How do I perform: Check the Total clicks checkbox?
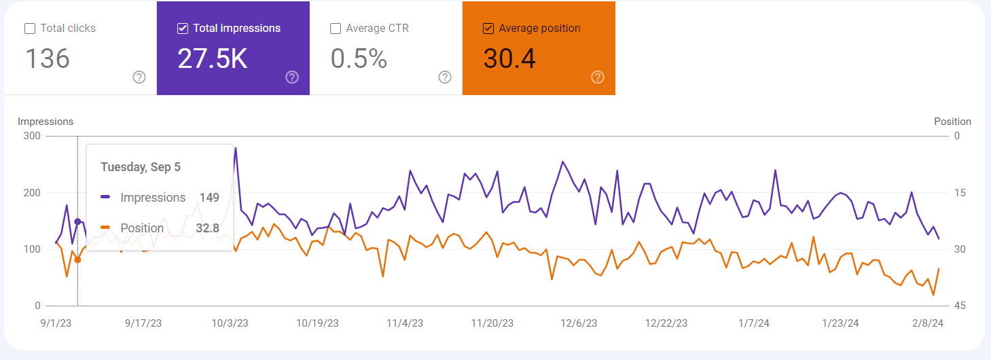click(30, 29)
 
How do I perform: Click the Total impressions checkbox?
click(182, 29)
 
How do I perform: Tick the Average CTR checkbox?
click(335, 29)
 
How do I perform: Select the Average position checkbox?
click(488, 29)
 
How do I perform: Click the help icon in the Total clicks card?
click(139, 77)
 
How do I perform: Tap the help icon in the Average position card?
click(598, 77)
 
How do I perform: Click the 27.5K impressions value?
click(212, 59)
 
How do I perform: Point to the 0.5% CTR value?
click(359, 59)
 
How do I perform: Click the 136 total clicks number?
click(48, 59)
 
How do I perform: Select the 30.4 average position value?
click(509, 59)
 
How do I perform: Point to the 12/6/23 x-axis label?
click(578, 323)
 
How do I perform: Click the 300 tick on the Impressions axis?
click(33, 136)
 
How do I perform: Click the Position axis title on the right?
click(952, 122)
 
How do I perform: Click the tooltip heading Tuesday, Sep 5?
click(141, 167)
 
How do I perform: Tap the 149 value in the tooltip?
click(209, 198)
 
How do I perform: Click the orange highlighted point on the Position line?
click(77, 259)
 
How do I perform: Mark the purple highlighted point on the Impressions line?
click(77, 221)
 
